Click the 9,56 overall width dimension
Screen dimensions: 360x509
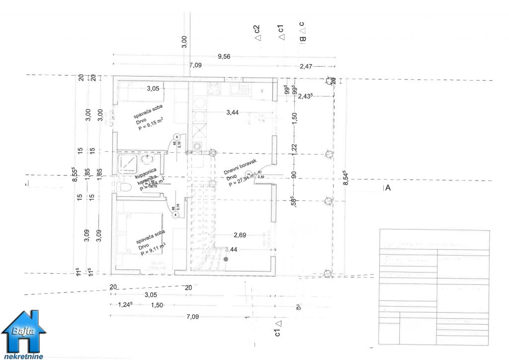224,57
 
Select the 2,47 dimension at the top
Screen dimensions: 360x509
307,66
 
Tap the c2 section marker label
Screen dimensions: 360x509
257,32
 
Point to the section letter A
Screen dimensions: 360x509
388,188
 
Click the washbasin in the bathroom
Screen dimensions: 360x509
147,160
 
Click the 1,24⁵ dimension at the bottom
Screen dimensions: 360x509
124,304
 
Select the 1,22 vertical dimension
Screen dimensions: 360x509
294,148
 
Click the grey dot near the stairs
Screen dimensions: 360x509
226,259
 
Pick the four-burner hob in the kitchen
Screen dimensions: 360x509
214,89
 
